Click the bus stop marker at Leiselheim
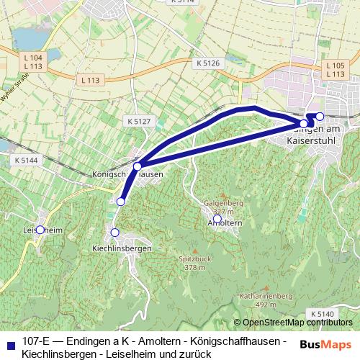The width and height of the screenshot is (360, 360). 40,230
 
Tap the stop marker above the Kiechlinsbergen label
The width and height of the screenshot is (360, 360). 114,232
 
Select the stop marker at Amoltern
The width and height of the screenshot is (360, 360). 217,218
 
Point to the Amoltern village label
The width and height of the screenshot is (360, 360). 224,224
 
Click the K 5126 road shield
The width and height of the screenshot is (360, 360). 207,63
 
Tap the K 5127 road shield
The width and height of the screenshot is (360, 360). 137,121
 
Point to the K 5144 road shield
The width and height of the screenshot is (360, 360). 24,160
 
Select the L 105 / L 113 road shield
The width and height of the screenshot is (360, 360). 335,70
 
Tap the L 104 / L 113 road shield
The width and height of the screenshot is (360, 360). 32,62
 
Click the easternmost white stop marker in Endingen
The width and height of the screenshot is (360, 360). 320,116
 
